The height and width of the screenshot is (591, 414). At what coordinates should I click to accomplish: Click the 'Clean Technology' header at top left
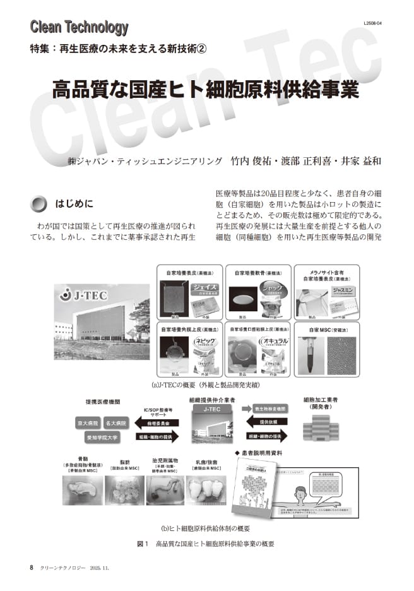pyautogui.click(x=80, y=27)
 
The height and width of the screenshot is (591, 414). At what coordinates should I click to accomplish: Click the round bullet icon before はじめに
pyautogui.click(x=39, y=203)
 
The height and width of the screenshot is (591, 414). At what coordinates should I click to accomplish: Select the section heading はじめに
pyautogui.click(x=74, y=203)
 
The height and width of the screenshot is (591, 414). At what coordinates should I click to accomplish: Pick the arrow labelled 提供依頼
pyautogui.click(x=261, y=422)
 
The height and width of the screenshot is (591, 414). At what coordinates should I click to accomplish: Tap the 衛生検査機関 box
pyautogui.click(x=261, y=409)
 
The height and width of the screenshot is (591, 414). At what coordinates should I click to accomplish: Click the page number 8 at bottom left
pyautogui.click(x=32, y=567)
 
